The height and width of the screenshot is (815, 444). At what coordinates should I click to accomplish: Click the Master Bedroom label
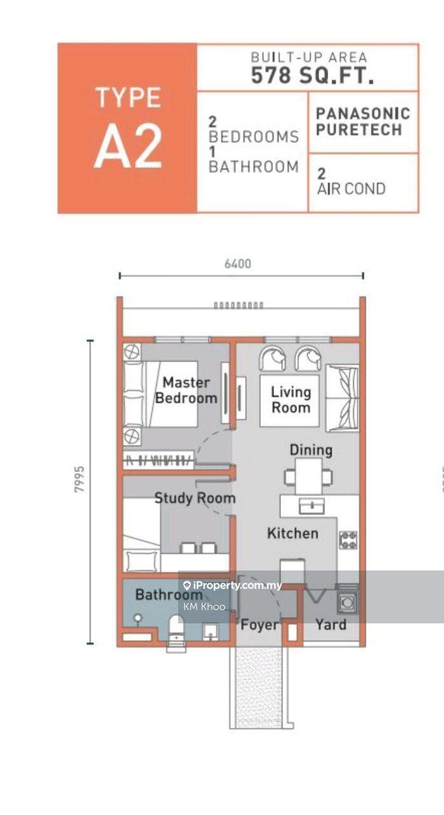click(x=186, y=390)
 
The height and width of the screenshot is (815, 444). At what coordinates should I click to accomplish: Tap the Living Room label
click(x=291, y=399)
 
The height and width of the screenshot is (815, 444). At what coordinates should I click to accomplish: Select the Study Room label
click(x=195, y=498)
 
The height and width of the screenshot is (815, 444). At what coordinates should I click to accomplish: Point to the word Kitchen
click(x=293, y=534)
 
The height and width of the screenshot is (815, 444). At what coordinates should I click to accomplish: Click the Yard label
click(x=331, y=625)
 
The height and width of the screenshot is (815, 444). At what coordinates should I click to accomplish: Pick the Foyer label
click(x=260, y=625)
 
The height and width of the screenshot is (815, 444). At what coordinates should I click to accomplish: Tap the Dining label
click(x=311, y=450)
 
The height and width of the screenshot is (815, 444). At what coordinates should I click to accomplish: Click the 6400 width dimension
click(x=238, y=264)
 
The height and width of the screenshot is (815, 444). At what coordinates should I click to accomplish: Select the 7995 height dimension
click(x=80, y=479)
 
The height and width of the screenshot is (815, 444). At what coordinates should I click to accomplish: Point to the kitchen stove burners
click(x=348, y=541)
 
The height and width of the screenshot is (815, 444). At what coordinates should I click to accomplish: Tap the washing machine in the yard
click(x=347, y=603)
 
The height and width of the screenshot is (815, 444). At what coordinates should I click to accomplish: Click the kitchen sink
click(x=312, y=506)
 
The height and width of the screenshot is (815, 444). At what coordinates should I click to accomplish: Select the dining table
click(x=309, y=476)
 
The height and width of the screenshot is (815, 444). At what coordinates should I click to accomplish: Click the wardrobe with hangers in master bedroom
click(x=158, y=460)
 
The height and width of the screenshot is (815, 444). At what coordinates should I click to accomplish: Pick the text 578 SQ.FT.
click(x=313, y=76)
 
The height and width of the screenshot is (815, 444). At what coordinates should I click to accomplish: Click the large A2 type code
click(x=128, y=145)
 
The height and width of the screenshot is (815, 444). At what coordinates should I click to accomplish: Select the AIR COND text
click(x=351, y=189)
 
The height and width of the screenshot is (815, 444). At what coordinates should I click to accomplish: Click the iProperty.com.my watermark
click(x=233, y=585)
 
